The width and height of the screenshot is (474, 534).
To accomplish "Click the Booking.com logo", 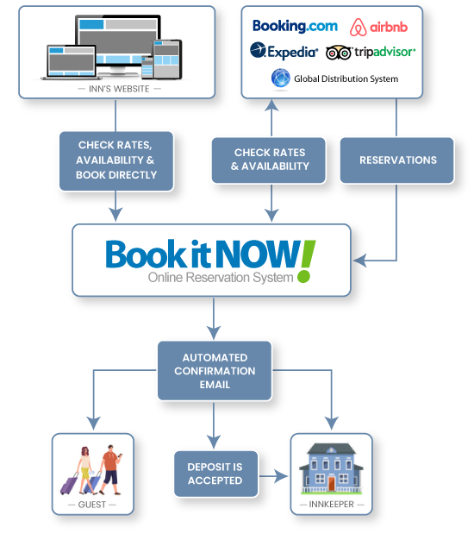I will [294, 26].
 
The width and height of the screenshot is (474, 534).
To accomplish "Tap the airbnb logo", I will [378, 27].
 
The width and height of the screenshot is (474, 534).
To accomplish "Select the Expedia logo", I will [284, 51].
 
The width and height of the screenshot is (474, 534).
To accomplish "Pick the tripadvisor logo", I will [371, 52].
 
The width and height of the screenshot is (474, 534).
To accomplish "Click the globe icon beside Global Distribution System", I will [281, 79].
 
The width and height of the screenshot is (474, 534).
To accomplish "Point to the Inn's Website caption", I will [117, 88].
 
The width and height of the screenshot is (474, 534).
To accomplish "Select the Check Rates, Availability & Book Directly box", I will [117, 160].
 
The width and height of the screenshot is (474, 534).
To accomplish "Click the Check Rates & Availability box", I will [271, 160].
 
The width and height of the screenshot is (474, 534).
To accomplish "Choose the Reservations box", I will [397, 160].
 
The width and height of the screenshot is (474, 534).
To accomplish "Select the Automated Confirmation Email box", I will [215, 371].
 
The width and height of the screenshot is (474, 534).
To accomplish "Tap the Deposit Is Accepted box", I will [215, 474].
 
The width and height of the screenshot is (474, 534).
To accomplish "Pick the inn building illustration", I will [331, 467].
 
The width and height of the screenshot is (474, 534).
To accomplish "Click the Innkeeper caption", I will [331, 504].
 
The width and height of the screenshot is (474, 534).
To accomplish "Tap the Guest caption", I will [93, 504].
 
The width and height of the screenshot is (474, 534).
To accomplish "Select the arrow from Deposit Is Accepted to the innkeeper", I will [273, 474].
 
